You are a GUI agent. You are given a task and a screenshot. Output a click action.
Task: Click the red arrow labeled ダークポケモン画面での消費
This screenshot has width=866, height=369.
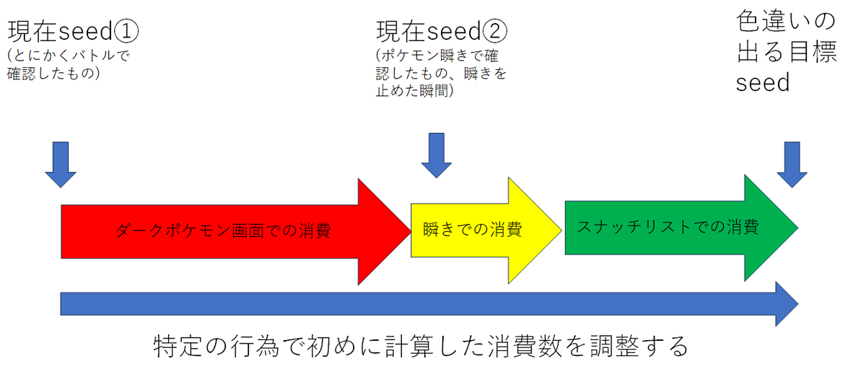[236, 232]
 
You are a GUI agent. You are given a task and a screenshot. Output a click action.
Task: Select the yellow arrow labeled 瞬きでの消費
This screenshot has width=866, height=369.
[486, 230]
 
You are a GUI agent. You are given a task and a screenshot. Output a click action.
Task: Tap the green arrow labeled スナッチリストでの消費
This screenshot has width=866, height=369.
[681, 227]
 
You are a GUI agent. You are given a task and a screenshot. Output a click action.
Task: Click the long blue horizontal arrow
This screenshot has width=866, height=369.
[429, 304]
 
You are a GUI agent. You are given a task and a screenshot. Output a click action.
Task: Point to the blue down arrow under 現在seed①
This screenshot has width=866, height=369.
[61, 165]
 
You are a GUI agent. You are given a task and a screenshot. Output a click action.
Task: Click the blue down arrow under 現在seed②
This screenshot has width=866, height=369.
[437, 155]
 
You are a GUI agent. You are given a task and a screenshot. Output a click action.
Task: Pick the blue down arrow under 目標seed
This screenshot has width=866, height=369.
[792, 165]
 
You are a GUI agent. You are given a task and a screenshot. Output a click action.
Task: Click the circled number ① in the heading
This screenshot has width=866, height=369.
[126, 31]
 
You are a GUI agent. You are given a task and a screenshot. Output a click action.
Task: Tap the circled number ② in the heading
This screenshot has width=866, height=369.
[494, 31]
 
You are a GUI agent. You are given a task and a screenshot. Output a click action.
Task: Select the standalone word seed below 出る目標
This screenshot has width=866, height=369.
[762, 83]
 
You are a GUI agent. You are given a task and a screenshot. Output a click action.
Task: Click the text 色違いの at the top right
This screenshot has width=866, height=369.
[786, 21]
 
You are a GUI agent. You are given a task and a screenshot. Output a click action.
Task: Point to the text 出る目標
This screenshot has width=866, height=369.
[787, 51]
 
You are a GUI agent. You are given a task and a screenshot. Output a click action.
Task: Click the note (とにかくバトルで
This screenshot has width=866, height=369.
[69, 56]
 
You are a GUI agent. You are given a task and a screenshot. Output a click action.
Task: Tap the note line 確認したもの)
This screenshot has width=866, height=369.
[53, 73]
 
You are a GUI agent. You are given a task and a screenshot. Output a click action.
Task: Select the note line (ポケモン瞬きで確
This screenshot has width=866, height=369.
[437, 56]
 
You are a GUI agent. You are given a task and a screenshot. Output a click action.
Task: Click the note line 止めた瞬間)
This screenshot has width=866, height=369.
[414, 91]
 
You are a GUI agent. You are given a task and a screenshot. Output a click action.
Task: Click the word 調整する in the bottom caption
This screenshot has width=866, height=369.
[639, 346]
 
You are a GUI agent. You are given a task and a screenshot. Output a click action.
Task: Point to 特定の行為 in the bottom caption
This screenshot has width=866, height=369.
[216, 346]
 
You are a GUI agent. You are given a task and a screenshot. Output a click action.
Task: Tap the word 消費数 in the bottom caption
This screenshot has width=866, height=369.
[525, 346]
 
